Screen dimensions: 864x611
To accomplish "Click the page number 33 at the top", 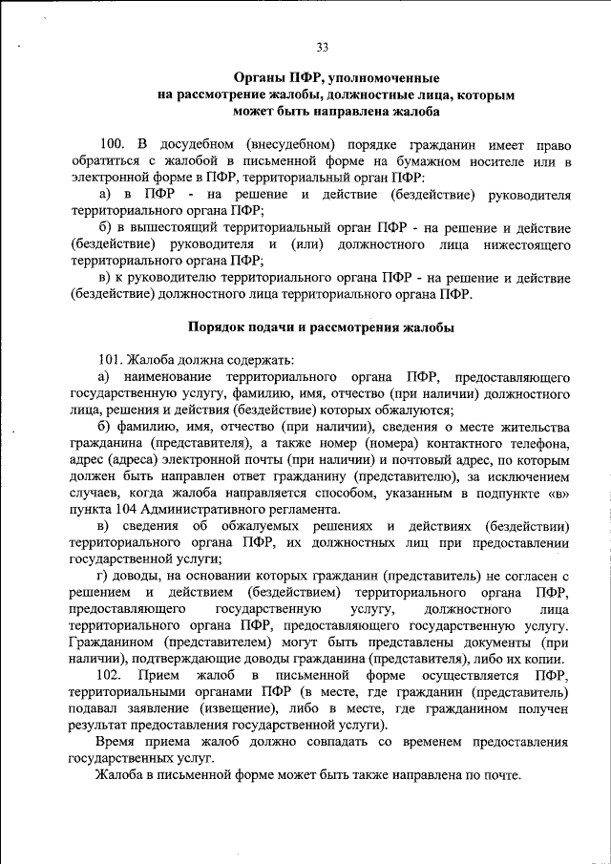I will click(x=321, y=49).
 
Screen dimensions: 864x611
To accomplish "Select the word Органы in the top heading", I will click(x=258, y=78).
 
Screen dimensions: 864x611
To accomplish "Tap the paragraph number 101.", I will click(x=111, y=360).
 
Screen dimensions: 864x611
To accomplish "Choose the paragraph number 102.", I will click(x=111, y=676).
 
